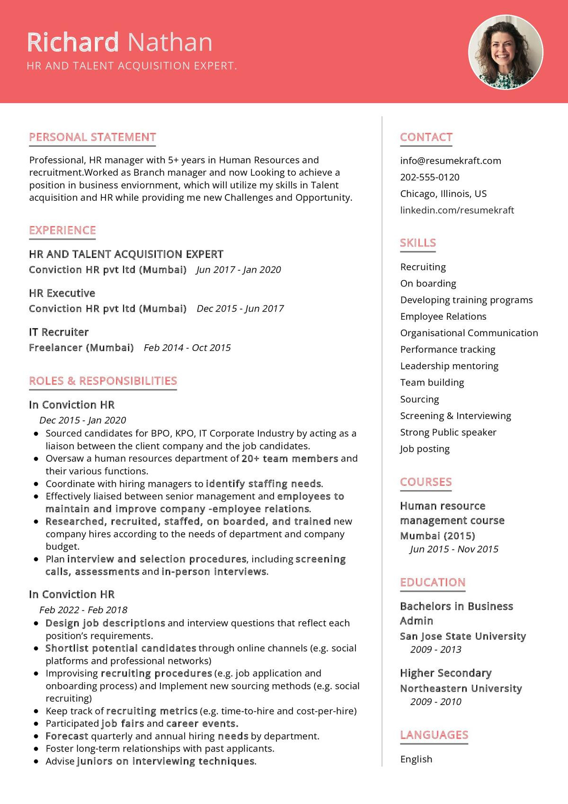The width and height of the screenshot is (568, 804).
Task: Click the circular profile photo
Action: (506, 52)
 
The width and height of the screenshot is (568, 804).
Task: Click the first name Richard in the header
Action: (73, 42)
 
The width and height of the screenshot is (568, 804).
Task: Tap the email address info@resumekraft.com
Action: (450, 161)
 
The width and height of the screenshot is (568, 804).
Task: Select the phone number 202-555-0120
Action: (429, 177)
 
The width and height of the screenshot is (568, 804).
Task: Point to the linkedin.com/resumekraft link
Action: (457, 210)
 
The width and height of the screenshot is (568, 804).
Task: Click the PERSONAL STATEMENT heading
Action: (92, 137)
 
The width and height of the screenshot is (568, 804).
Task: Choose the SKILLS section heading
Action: (417, 243)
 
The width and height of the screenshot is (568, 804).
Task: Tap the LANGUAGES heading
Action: (434, 735)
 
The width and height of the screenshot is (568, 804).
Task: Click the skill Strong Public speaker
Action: (448, 432)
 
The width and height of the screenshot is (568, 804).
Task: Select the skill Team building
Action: (432, 383)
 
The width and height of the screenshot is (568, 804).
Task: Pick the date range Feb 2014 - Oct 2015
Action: (187, 348)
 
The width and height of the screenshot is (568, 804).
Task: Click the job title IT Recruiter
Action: (59, 332)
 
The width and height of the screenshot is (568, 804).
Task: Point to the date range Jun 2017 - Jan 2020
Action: (238, 269)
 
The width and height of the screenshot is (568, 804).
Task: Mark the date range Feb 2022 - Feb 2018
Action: (83, 610)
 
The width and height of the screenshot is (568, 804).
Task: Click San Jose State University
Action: (462, 636)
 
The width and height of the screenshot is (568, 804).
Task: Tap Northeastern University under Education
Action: (461, 688)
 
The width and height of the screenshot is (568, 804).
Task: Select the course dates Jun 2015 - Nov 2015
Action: (454, 549)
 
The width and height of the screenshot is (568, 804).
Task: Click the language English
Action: (416, 759)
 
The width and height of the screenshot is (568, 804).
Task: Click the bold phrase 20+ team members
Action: (290, 458)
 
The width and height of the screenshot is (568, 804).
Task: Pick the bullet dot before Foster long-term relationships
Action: (36, 749)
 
